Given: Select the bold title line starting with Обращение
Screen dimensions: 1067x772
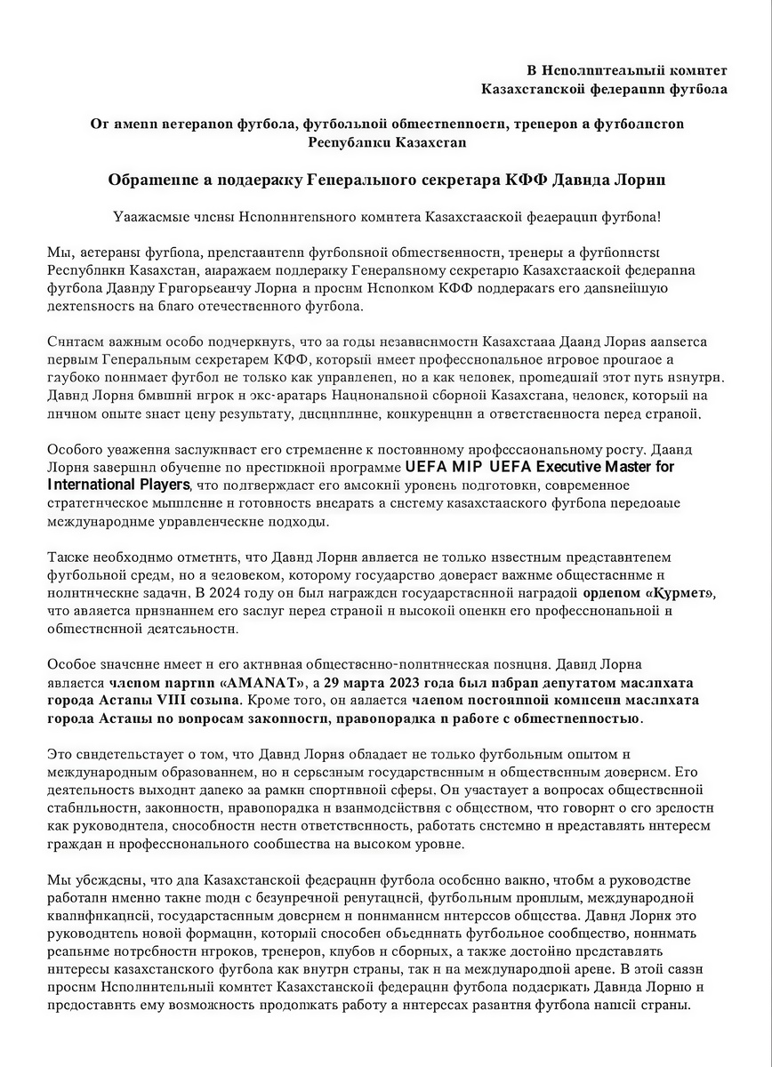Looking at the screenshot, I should pos(386,180).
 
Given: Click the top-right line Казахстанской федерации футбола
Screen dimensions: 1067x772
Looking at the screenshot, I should pos(603,89).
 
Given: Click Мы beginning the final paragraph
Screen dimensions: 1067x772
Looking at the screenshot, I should pos(56,880).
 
